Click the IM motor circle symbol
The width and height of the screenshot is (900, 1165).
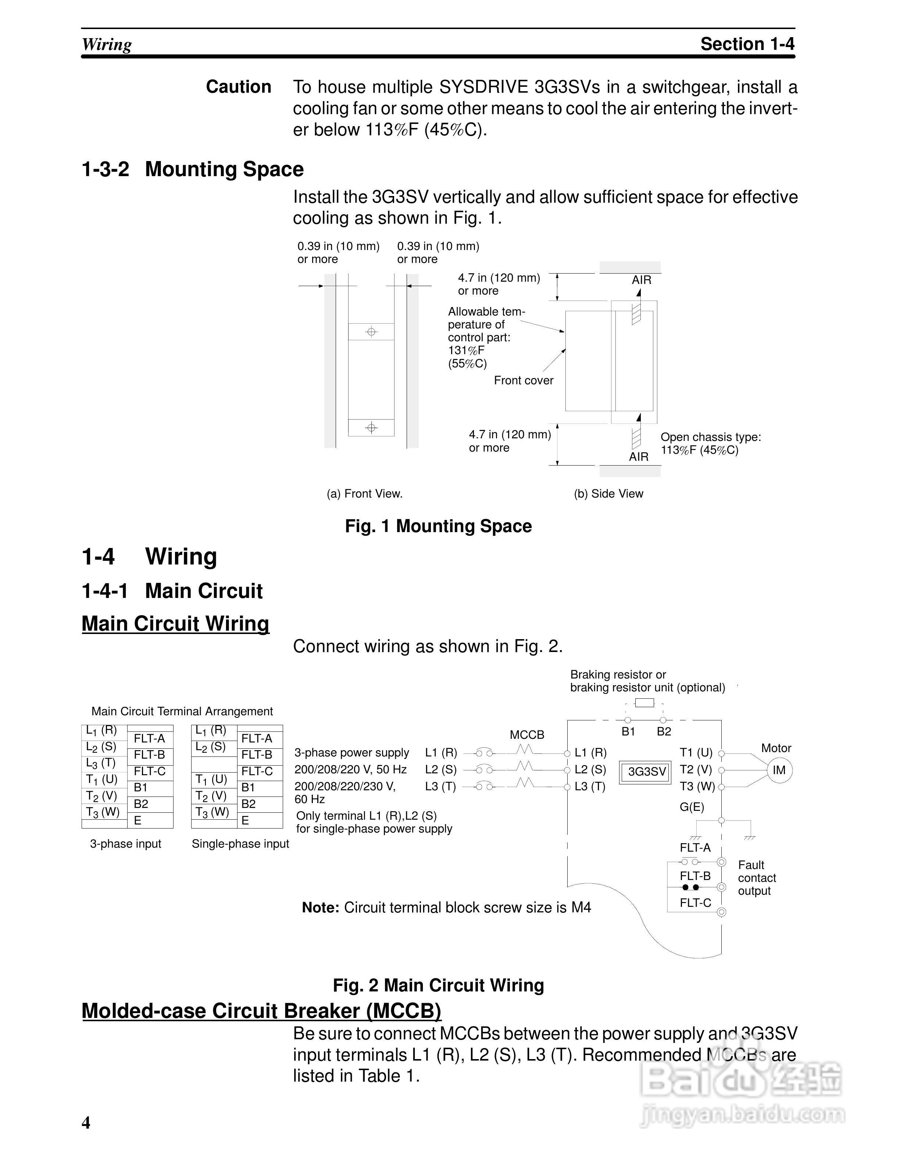779,770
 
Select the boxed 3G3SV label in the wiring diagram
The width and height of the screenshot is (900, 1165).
647,772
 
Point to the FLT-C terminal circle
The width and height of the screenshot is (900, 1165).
721,912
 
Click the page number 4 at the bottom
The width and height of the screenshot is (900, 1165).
86,1123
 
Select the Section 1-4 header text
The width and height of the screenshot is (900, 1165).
747,44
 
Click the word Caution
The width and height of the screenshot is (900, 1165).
238,87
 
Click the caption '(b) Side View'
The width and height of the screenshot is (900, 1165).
608,494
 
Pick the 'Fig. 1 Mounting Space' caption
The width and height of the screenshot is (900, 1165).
438,527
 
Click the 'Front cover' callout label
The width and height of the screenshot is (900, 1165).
524,380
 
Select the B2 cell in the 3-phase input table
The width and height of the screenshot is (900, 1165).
141,804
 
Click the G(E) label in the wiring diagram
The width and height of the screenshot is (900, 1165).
692,807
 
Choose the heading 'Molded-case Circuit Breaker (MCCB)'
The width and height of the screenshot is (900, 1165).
261,1011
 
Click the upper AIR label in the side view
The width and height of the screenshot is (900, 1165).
642,280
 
